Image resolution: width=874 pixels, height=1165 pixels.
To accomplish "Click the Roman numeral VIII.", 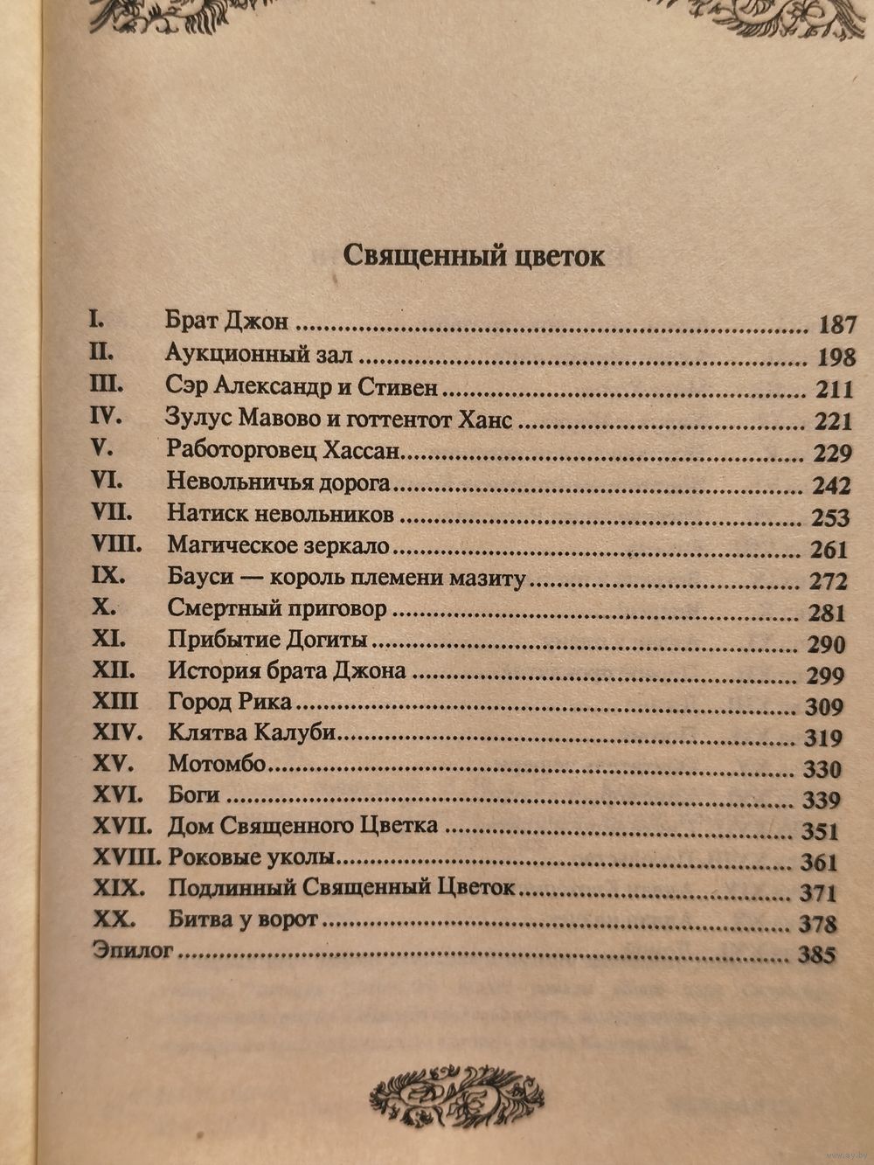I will [116, 544].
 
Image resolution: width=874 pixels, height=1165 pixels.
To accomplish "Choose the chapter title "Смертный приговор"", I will [276, 608].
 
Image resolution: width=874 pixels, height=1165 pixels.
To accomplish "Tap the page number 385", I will [817, 955].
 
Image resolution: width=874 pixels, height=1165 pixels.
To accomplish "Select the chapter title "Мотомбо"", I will [216, 764].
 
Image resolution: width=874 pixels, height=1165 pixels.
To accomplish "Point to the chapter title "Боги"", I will [193, 795].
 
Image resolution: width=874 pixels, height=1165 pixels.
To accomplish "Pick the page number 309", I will [823, 707].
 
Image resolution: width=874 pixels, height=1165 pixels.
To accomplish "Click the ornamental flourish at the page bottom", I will [457, 1095].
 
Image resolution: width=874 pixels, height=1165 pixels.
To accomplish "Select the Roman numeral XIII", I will [114, 701].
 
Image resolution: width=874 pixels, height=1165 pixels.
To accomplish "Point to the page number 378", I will [818, 925].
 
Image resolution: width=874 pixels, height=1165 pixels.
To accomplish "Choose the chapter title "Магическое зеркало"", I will [277, 546].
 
